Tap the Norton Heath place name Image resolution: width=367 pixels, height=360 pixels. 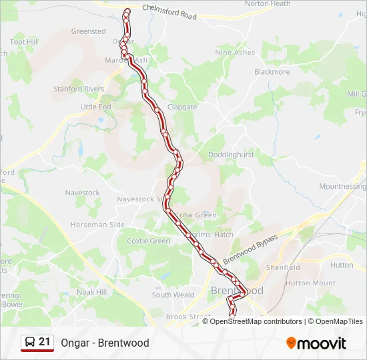click(268, 4)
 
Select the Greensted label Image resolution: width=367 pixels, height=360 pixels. click(89, 31)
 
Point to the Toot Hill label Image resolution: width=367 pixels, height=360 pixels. click(23, 41)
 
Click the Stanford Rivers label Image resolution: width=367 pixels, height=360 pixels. click(79, 89)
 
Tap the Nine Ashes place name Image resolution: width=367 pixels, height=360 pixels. click(235, 52)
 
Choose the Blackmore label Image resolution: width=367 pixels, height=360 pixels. click(272, 72)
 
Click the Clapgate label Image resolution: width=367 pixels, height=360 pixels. click(182, 107)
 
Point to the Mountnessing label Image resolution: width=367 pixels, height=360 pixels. click(342, 187)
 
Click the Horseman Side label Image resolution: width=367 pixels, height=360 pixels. click(97, 225)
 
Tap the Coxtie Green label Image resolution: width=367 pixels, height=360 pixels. click(148, 241)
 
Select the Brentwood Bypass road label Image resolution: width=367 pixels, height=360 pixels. click(250, 246)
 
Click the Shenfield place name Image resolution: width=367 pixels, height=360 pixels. click(283, 267)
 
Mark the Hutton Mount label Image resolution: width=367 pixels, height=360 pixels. click(310, 283)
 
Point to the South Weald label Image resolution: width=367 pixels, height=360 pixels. click(173, 295)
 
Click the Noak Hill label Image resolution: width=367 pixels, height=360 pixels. click(91, 292)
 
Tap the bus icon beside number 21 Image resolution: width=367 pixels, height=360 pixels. click(30, 343)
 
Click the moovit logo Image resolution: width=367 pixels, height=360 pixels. click(316, 343)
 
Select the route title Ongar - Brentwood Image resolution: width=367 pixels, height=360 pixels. click(105, 343)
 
